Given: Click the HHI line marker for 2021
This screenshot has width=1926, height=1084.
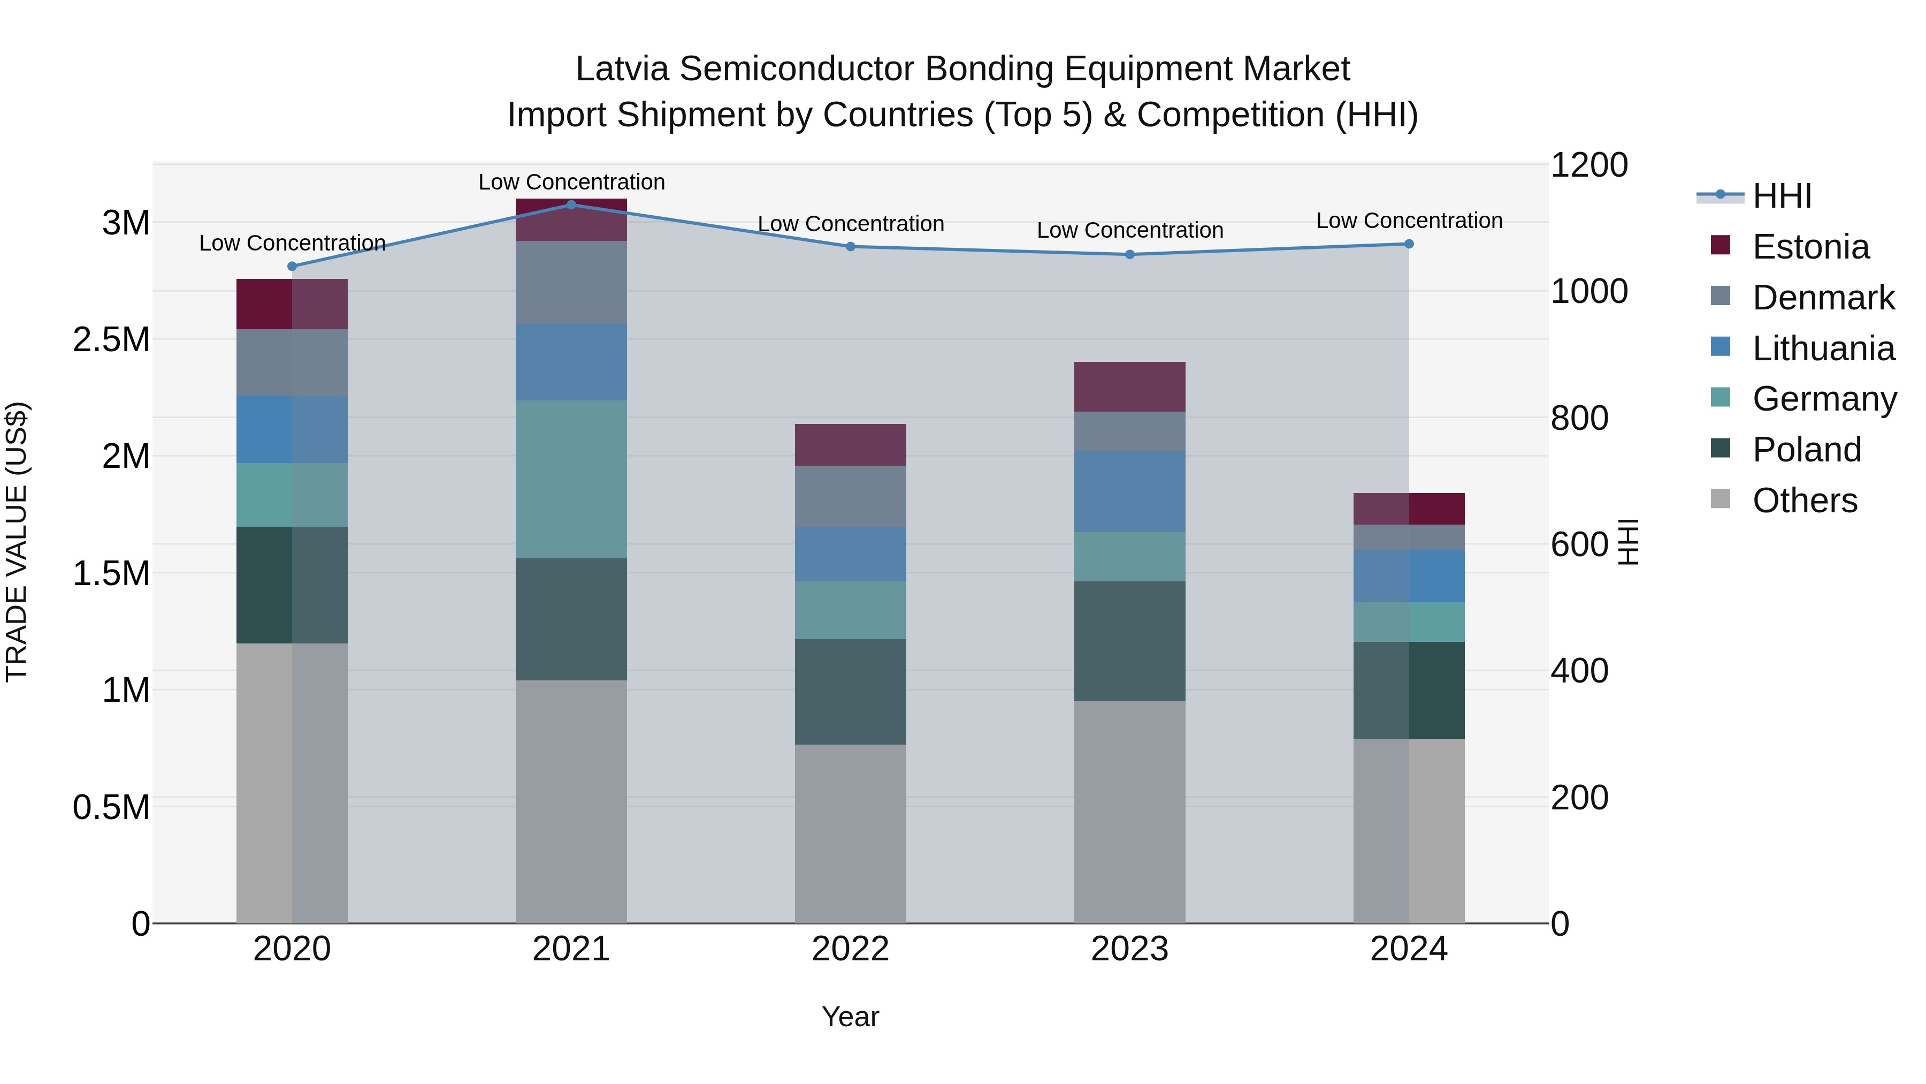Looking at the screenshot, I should (571, 204).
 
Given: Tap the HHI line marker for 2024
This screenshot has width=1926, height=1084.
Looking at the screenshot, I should (1409, 244).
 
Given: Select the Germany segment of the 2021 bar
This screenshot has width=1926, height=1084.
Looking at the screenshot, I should (571, 479).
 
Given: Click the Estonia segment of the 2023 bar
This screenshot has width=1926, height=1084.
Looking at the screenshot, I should (1130, 387).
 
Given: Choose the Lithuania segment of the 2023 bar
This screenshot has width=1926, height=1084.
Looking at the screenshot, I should (1130, 491).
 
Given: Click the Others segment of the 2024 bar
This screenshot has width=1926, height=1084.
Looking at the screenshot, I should (1409, 830).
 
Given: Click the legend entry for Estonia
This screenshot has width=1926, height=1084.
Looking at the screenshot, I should (1810, 247).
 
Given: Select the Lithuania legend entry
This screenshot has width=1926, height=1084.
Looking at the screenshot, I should (1823, 348).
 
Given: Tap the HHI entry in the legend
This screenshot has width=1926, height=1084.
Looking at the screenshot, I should (1781, 196).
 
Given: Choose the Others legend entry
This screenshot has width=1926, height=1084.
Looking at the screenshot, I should (1804, 501).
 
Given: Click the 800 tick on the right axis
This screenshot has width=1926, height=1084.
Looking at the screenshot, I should (1579, 418).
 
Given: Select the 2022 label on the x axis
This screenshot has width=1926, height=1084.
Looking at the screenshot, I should (850, 949).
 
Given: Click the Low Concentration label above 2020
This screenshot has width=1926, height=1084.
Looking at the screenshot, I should (292, 243).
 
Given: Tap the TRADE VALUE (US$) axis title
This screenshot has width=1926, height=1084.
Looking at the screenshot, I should (17, 542).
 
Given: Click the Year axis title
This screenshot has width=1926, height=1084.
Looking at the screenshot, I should (850, 1017).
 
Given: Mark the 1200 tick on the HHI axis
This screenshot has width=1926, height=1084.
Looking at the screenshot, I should (1588, 165).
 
